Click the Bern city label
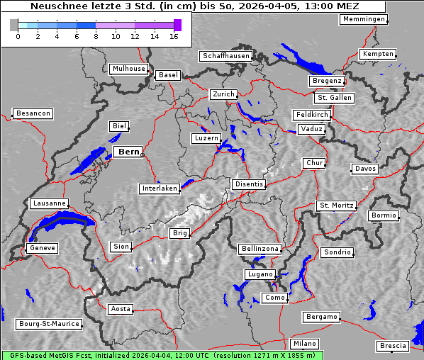pyautogui.click(x=128, y=152)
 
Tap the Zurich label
pyautogui.click(x=223, y=94)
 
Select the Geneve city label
pyautogui.click(x=42, y=248)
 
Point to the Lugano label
pyautogui.click(x=260, y=274)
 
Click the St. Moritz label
pyautogui.click(x=335, y=206)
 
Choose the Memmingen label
pyautogui.click(x=363, y=19)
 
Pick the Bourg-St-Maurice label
pyautogui.click(x=48, y=324)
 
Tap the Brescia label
pyautogui.click(x=393, y=346)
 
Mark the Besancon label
pyautogui.click(x=33, y=113)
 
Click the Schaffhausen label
pyautogui.click(x=225, y=55)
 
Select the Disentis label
pyautogui.click(x=249, y=184)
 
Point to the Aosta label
pyautogui.click(x=120, y=309)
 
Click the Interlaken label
pyautogui.click(x=160, y=189)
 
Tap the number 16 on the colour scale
pyautogui.click(x=174, y=36)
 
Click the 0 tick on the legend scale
pyautogui.click(x=18, y=36)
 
